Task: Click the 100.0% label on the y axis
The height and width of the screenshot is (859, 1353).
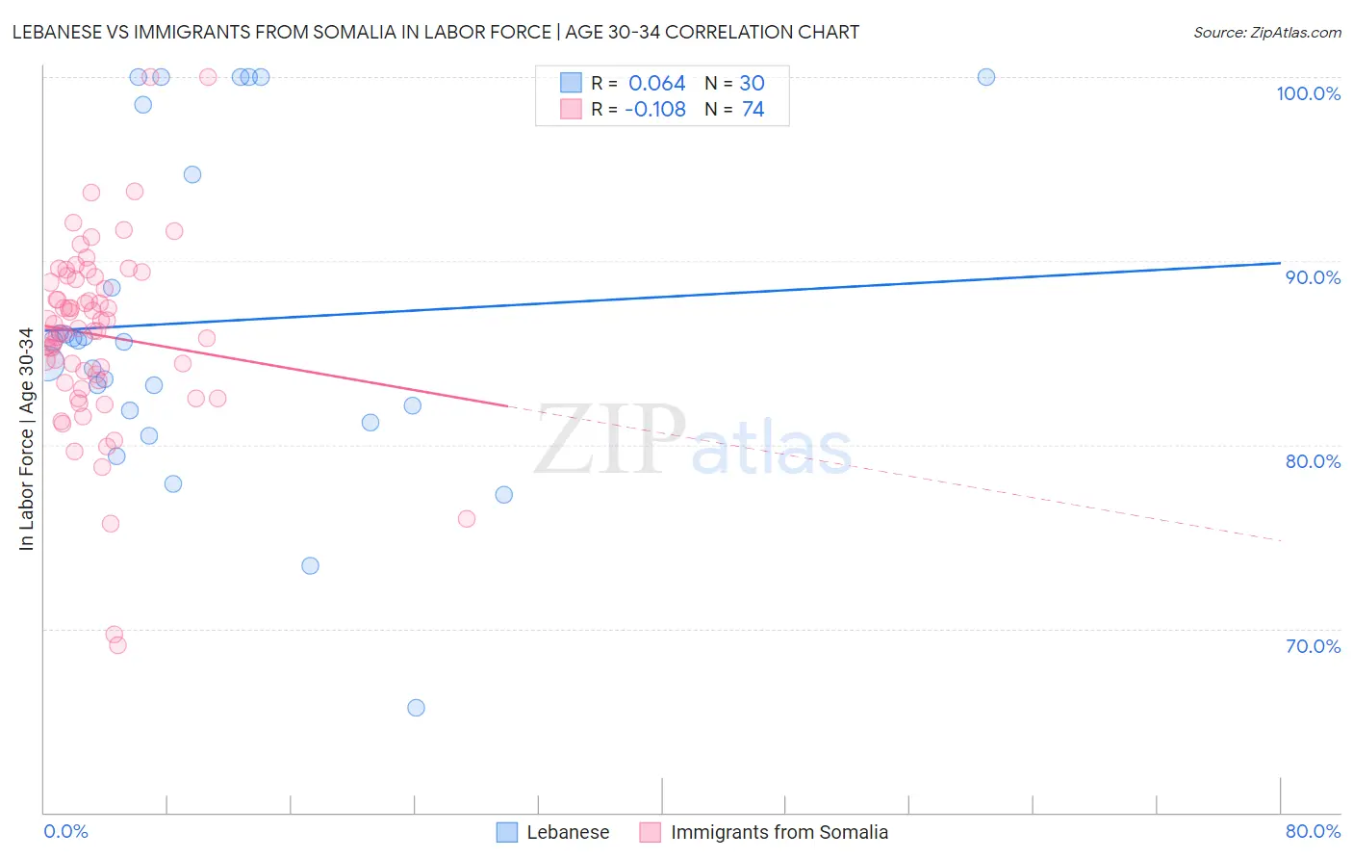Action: coord(1308,93)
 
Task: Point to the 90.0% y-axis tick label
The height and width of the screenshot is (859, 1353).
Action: coord(1313,277)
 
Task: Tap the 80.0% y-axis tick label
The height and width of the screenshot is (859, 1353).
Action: coord(1313,461)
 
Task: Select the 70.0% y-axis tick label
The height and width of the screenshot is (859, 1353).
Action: coord(1313,646)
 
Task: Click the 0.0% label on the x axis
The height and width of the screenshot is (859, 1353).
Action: coord(65,831)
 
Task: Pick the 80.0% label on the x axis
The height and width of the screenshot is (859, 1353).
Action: coord(1313,831)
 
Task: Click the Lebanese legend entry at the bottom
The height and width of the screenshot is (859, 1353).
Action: coord(568,832)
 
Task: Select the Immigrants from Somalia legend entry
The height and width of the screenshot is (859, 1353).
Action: coord(779,832)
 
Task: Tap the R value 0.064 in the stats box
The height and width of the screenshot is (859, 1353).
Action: coord(656,84)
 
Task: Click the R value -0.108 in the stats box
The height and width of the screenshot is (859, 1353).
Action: coord(654,110)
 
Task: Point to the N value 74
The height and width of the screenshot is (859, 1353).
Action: coord(753,110)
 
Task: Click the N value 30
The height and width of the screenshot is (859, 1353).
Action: coord(752,84)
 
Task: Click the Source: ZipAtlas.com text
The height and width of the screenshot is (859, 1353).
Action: coord(1266,32)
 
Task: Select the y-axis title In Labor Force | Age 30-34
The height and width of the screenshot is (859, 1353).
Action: coord(26,439)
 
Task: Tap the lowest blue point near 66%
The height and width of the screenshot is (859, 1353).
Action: coord(416,708)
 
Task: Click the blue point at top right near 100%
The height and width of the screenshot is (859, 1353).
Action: coord(985,77)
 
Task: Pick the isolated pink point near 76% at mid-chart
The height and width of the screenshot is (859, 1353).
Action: coord(467,519)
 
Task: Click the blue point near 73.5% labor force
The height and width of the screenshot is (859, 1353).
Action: coord(310,565)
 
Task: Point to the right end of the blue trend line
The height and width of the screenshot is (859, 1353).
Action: coord(1280,263)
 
